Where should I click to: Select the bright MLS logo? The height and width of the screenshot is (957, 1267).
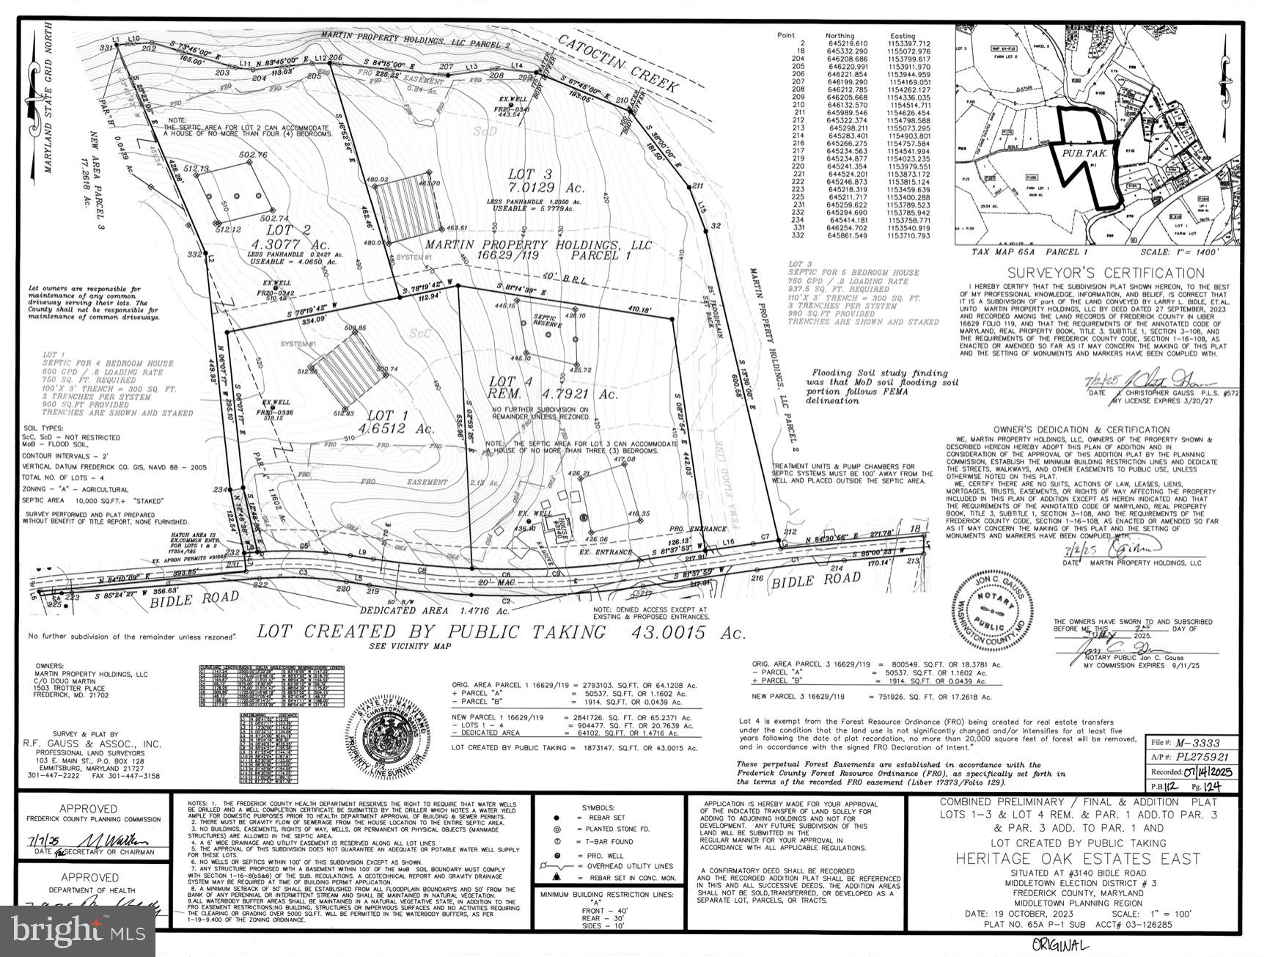click(77, 931)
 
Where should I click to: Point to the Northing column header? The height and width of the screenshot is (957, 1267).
click(840, 36)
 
